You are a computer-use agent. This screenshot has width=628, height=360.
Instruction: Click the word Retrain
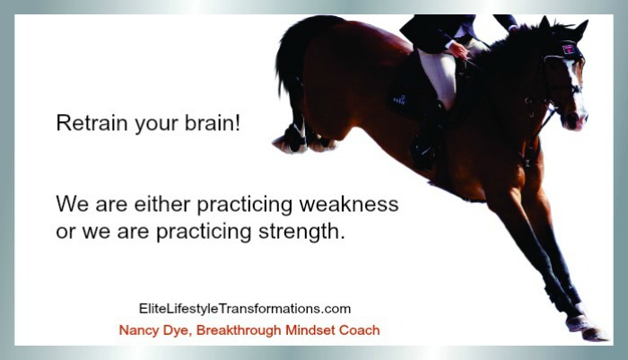(x=92, y=123)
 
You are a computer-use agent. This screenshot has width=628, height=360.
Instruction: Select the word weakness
(x=349, y=204)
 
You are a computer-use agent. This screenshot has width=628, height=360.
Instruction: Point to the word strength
(x=301, y=232)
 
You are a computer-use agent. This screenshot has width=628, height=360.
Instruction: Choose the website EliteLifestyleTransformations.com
(x=245, y=309)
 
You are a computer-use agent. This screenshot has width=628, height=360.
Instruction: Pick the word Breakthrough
(x=239, y=330)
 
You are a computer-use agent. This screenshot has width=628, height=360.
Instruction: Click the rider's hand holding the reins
(x=458, y=50)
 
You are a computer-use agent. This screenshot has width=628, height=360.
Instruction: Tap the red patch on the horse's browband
(x=569, y=49)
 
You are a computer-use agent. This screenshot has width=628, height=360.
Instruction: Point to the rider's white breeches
(x=439, y=75)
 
